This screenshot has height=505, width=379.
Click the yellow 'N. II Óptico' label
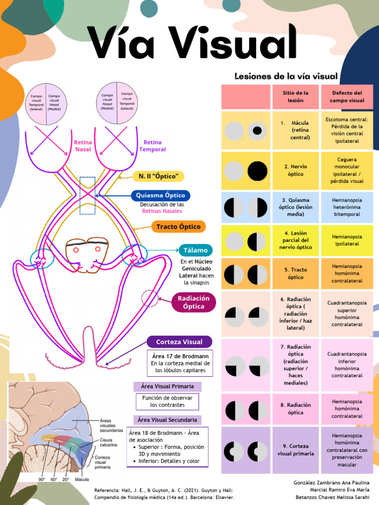[x=158, y=176]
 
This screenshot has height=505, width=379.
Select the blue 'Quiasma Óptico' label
[x=160, y=195]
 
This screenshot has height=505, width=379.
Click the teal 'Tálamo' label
[x=195, y=250]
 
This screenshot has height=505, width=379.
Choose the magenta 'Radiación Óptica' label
[x=193, y=302]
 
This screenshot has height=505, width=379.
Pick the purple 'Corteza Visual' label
[x=179, y=342]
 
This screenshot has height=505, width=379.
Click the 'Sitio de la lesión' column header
[x=296, y=97]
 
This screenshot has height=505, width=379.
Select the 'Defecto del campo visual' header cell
[x=347, y=97]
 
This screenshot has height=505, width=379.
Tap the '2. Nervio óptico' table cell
[x=296, y=171]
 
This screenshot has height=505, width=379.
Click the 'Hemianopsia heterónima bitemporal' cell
[x=347, y=207]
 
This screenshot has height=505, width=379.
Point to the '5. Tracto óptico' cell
[x=296, y=274]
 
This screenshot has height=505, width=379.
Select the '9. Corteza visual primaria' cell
[x=296, y=450]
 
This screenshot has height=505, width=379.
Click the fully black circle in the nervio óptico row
[x=257, y=171]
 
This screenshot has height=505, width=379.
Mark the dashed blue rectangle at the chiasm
[x=87, y=195]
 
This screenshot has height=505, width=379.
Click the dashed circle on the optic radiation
[x=150, y=298]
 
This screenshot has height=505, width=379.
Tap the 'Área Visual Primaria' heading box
[x=167, y=386]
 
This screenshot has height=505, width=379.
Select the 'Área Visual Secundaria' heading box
[x=167, y=420]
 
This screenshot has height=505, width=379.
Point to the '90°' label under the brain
[x=41, y=479]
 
